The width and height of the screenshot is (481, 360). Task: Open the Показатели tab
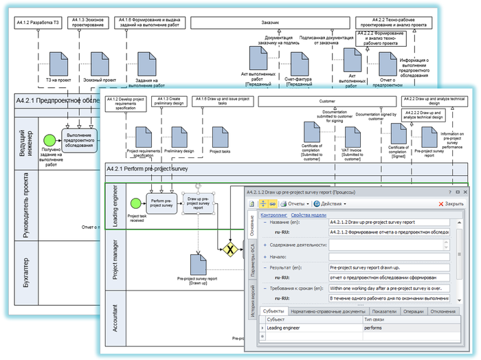point(385,311)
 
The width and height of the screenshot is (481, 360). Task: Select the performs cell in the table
point(377,328)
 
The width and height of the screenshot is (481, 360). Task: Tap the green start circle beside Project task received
point(135,203)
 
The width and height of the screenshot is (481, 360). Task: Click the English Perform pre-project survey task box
point(162,203)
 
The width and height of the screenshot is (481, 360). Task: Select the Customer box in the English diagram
point(328,101)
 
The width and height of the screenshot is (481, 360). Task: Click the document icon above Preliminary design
point(180,137)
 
